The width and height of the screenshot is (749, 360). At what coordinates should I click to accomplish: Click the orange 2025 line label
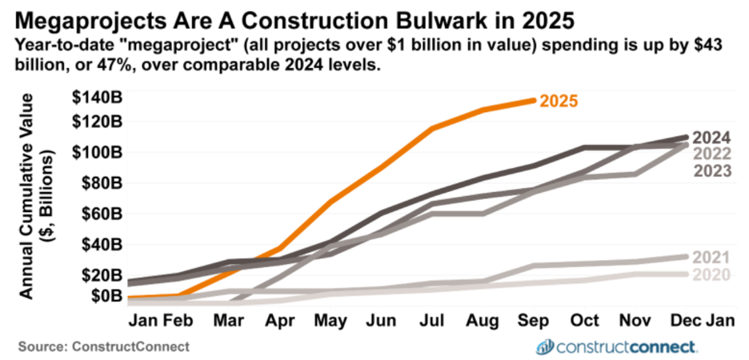tap(559, 102)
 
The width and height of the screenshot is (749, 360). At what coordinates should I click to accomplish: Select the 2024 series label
tap(711, 138)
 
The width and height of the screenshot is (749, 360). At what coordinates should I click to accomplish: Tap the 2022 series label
tap(711, 154)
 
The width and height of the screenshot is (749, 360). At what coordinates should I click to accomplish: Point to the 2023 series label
tap(711, 170)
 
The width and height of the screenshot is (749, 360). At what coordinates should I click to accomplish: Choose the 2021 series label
tap(711, 258)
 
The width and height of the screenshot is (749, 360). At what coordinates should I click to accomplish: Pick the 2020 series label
tap(711, 274)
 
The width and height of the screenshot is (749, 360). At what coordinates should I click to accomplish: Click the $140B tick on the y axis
tap(98, 98)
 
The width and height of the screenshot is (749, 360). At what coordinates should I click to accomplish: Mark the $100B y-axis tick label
tap(98, 153)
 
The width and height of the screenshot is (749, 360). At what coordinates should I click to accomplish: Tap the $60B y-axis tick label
tap(102, 214)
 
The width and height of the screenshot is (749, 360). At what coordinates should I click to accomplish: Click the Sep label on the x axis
tap(534, 321)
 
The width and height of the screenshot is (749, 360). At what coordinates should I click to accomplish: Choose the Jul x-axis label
tap(432, 321)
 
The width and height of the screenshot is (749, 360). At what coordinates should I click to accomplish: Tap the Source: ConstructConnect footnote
tap(103, 345)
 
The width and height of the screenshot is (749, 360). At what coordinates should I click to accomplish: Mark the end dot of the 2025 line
tap(533, 100)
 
